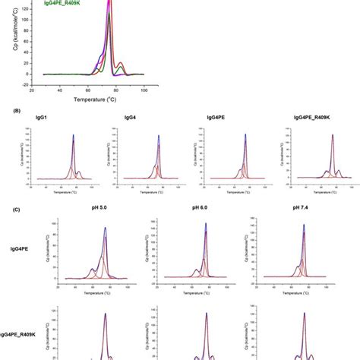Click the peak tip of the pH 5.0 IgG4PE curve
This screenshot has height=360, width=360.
click(105, 228)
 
